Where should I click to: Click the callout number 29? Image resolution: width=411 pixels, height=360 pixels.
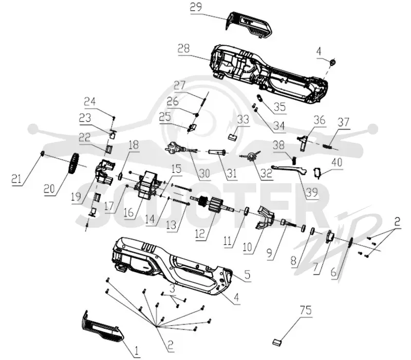click(x=196, y=7)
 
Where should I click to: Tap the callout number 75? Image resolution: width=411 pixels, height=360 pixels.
click(x=306, y=311)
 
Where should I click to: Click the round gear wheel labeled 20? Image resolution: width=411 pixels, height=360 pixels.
click(x=74, y=164)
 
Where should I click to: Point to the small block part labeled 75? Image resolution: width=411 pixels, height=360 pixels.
click(x=277, y=341)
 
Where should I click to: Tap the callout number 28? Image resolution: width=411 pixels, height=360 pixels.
click(x=184, y=49)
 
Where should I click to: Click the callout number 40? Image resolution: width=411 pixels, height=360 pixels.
click(x=337, y=163)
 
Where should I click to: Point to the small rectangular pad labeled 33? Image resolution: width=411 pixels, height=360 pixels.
click(x=233, y=136)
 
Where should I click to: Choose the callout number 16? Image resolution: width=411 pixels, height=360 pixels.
click(x=128, y=212)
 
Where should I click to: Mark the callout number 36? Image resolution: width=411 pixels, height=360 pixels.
click(x=320, y=120)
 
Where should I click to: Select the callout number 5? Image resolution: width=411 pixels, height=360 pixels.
click(x=247, y=275)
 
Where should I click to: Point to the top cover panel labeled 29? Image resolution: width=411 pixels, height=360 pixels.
click(x=248, y=25)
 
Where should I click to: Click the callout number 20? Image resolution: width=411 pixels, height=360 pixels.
click(x=49, y=188)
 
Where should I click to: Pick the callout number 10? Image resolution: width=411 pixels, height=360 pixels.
click(x=247, y=247)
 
